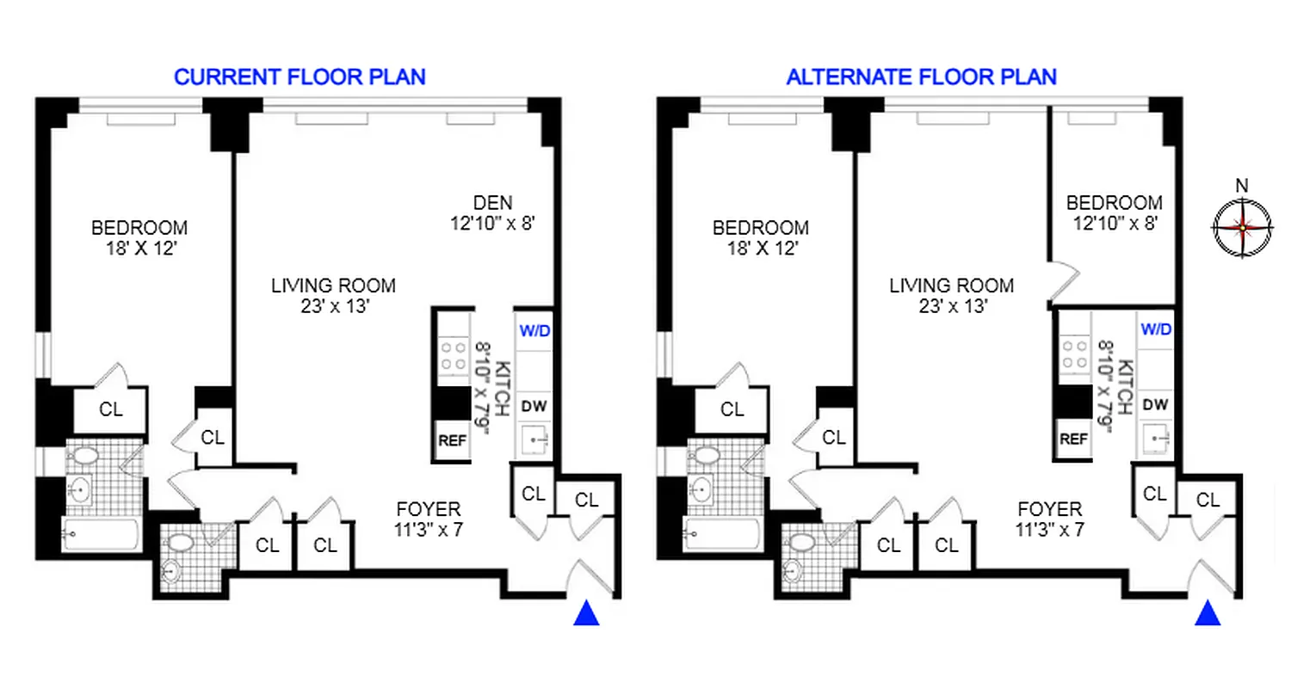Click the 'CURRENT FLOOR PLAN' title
click(300, 77)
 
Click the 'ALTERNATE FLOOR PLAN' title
click(921, 77)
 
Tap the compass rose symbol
click(1241, 228)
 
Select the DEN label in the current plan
click(492, 203)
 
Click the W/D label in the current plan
click(533, 329)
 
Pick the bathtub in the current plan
click(101, 534)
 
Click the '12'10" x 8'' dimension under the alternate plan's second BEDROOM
click(1114, 224)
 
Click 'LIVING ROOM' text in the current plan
click(333, 286)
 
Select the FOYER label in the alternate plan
click(1048, 508)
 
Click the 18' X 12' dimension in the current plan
click(139, 249)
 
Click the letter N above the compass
click(1241, 186)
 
